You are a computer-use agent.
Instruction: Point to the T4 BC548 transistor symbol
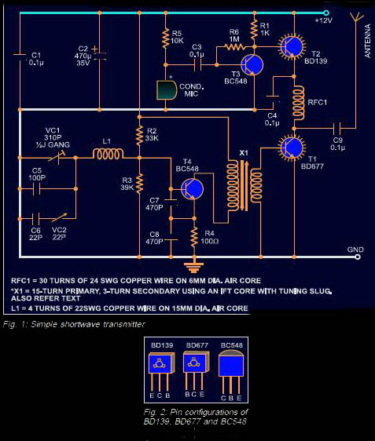pos(192,188)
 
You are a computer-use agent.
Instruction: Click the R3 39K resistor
pos(139,182)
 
